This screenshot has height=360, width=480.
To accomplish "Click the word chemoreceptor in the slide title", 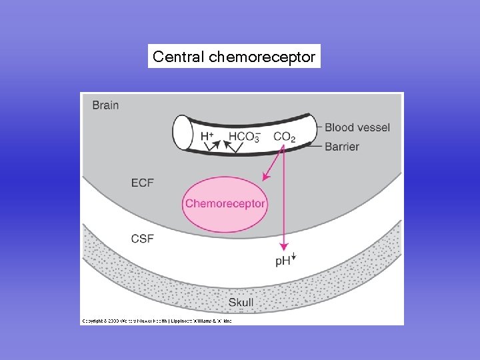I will (262, 57).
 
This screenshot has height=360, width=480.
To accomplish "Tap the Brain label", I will (105, 105).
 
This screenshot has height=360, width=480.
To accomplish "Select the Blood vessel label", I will (357, 127).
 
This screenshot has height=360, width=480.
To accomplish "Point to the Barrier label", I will (342, 146).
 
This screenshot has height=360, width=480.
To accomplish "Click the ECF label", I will (142, 181).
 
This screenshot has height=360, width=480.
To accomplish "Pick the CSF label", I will (142, 238).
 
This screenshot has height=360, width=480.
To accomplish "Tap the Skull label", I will (241, 303).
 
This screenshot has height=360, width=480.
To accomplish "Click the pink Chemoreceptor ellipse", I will (225, 204).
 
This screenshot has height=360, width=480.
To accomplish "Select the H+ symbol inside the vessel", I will (207, 137).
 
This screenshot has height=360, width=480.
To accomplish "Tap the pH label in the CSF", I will (283, 261).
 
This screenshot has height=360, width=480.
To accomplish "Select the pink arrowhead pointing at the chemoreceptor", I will (266, 177).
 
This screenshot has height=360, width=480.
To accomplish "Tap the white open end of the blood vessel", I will (182, 133).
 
